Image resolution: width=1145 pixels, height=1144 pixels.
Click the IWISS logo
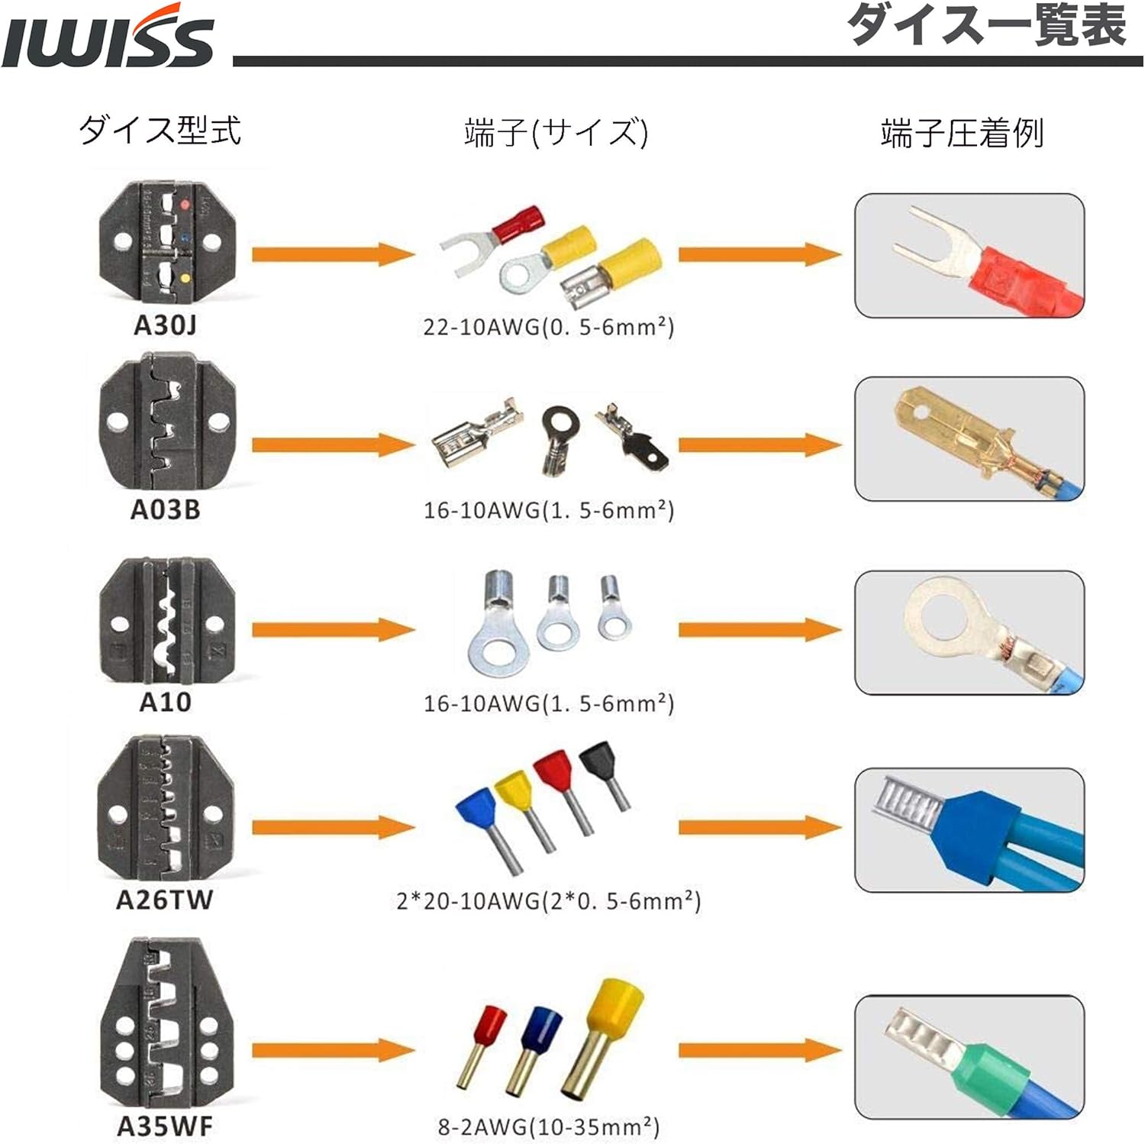pyautogui.click(x=107, y=38)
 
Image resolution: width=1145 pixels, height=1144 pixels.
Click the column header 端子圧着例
pyautogui.click(x=962, y=133)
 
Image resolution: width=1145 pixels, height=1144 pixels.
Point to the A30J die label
pyautogui.click(x=165, y=325)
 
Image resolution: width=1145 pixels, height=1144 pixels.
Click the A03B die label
pyautogui.click(x=165, y=509)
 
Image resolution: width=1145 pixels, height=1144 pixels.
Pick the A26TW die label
pyautogui.click(x=164, y=900)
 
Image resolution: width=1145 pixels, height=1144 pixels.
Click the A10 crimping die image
pyautogui.click(x=166, y=621)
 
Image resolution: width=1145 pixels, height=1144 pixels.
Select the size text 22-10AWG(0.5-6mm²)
pyautogui.click(x=549, y=327)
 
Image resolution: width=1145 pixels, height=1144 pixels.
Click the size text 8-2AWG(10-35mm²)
pyautogui.click(x=549, y=1126)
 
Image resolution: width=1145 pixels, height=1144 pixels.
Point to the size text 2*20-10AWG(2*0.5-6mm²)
pyautogui.click(x=549, y=901)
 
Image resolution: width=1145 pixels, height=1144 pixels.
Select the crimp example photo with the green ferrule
pyautogui.click(x=969, y=1057)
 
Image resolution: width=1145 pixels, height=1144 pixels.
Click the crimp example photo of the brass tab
pyautogui.click(x=969, y=438)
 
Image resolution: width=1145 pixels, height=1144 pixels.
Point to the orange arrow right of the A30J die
pyautogui.click(x=333, y=254)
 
